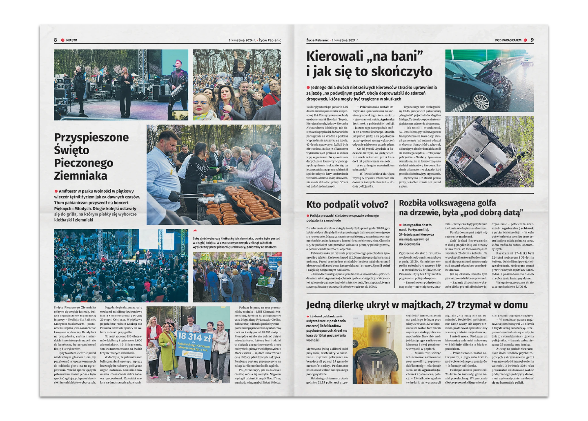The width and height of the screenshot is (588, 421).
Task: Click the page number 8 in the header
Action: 56,40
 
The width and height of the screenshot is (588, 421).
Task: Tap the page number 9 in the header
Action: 532,40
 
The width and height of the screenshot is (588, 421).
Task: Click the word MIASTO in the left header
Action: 71,40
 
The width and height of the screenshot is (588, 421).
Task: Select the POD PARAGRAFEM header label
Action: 508,40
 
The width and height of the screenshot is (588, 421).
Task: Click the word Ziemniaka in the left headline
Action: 80,176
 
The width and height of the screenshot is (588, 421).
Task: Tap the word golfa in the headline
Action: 482,203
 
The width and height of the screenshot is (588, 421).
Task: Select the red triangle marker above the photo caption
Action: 195,230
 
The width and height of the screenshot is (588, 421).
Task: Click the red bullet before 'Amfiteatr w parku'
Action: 56,191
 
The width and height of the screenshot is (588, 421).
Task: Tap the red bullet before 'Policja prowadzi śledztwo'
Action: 308,215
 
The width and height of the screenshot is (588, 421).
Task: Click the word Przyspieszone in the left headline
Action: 91,137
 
